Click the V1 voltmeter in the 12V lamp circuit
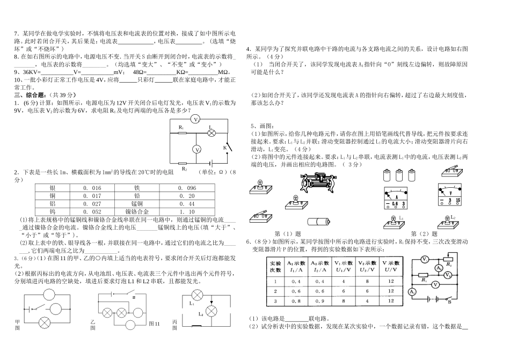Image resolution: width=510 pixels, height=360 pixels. tap(196, 119)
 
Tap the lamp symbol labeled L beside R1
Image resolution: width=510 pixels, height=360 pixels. tap(212, 133)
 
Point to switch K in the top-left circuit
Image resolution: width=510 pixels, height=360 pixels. tap(228, 145)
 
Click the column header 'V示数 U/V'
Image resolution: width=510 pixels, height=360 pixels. tap(391, 267)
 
